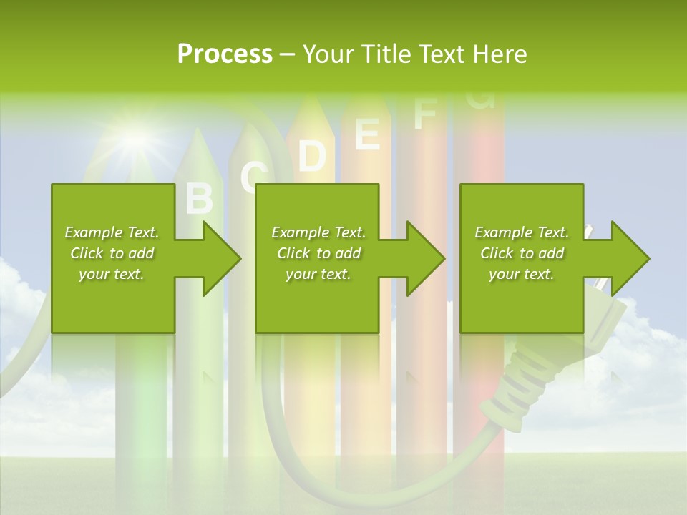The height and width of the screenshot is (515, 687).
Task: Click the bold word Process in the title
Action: pyautogui.click(x=225, y=54)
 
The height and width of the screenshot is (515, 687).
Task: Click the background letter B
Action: pyautogui.click(x=200, y=199)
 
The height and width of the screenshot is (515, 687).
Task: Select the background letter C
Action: pyautogui.click(x=254, y=177)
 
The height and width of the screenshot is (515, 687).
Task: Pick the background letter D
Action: pyautogui.click(x=311, y=155)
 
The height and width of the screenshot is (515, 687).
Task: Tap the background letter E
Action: pyautogui.click(x=367, y=134)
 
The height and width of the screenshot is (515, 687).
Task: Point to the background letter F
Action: pyautogui.click(x=424, y=114)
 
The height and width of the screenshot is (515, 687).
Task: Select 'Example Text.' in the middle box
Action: pyautogui.click(x=318, y=232)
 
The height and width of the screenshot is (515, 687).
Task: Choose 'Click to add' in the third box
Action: pyautogui.click(x=522, y=253)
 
